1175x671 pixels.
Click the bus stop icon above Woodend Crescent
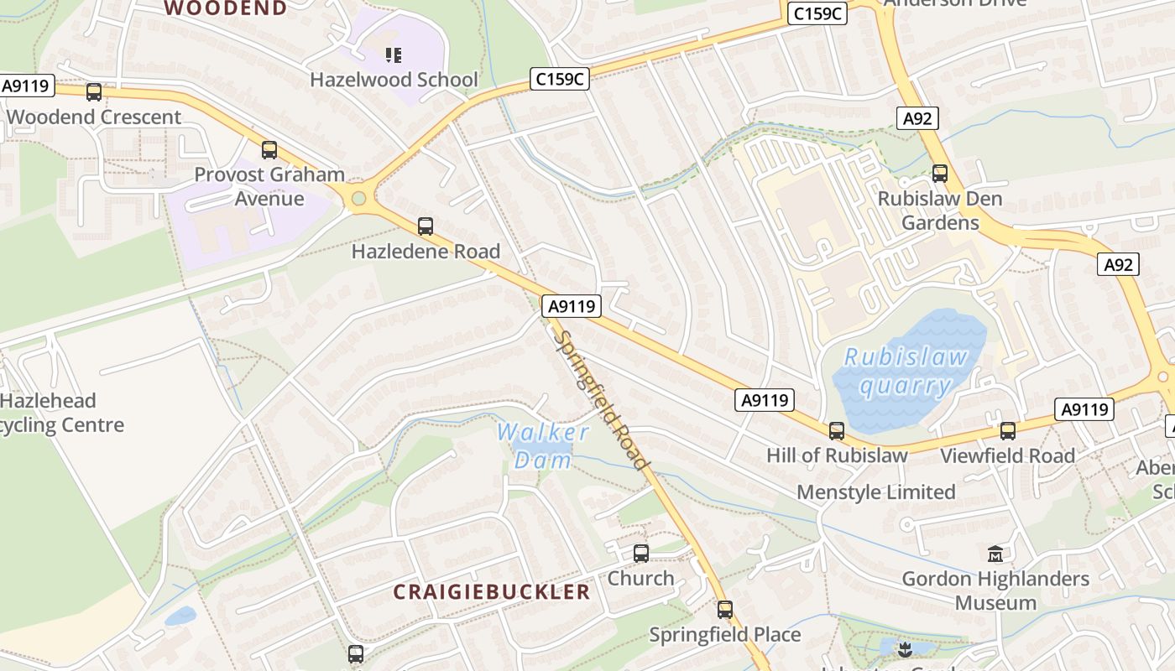point(94,92)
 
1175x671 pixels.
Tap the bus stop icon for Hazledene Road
point(426,226)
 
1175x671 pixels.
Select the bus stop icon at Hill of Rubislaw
point(837,430)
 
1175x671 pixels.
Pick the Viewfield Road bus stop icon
point(1007,430)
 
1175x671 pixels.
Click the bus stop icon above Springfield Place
point(725,610)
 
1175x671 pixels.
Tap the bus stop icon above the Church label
point(641,553)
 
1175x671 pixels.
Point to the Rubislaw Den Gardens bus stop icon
point(940,174)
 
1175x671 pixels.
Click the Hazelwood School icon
point(394,55)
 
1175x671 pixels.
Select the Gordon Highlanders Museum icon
point(995,554)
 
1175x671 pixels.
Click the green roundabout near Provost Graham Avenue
point(359,199)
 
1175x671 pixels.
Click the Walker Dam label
point(543,445)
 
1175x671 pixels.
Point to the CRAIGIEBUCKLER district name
point(492,591)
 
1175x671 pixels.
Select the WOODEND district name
point(225,8)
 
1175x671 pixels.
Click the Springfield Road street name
point(602,401)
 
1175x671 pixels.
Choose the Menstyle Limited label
point(876,492)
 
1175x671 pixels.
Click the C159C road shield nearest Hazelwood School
point(560,79)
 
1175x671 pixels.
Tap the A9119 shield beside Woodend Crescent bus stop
point(28,86)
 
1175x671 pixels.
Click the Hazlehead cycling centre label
point(59,413)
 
